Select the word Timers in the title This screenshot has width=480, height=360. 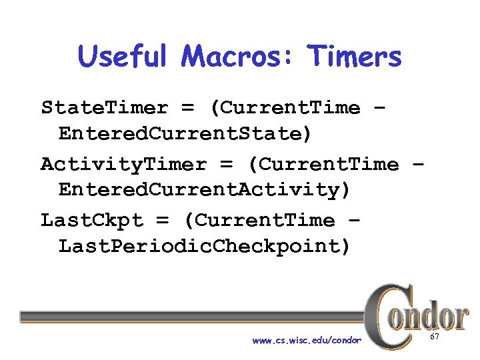(x=354, y=57)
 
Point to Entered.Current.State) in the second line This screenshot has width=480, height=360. (x=185, y=134)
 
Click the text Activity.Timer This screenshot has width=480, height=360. (x=123, y=164)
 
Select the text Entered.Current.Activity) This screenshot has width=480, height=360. (x=204, y=190)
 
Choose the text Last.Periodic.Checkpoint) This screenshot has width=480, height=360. (x=204, y=246)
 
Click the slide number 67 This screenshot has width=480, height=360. (x=435, y=338)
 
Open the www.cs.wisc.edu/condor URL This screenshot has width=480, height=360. (x=307, y=341)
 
